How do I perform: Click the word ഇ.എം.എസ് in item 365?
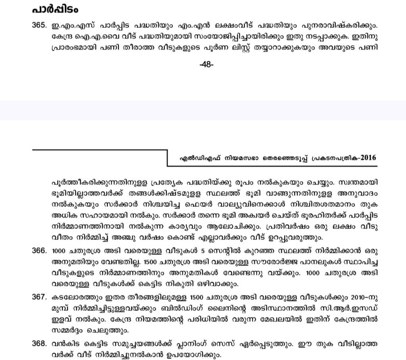click(x=67, y=26)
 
